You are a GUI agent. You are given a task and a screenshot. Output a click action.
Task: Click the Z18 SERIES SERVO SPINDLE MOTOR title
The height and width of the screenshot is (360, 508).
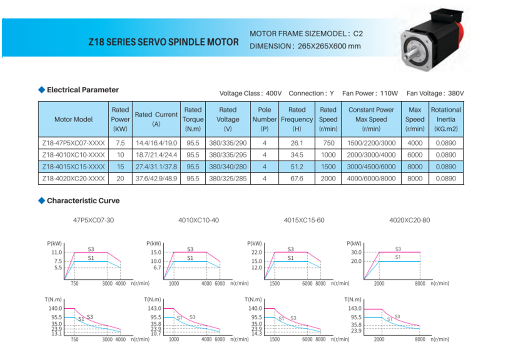coord(163,42)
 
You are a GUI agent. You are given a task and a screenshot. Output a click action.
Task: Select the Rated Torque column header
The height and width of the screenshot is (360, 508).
coord(193,119)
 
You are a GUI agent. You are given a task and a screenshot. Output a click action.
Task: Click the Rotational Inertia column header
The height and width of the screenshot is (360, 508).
coord(446,119)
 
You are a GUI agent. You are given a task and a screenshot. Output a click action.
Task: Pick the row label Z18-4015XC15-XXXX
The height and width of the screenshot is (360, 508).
coord(73,167)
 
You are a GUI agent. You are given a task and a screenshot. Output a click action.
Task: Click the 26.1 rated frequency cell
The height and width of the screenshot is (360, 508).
coord(297,143)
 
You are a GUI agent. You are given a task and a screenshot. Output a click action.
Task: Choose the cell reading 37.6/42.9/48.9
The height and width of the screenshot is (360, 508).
coord(156,179)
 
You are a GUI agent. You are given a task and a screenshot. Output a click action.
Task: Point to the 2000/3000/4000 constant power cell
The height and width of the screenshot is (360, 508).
coord(371,155)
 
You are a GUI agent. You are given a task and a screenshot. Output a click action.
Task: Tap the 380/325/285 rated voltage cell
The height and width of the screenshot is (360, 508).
coord(228,179)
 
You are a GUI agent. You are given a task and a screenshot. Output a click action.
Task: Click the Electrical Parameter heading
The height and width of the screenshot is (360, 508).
coord(83,90)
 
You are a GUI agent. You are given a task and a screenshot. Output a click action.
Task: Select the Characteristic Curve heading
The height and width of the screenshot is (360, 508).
coord(83,201)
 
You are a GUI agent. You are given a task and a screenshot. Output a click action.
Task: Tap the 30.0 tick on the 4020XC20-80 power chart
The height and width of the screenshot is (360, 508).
coord(356,252)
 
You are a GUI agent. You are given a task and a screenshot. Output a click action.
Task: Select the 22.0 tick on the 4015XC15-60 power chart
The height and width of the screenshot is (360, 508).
coord(257,252)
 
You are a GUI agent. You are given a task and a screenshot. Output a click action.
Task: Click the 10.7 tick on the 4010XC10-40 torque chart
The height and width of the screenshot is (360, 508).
coord(156,334)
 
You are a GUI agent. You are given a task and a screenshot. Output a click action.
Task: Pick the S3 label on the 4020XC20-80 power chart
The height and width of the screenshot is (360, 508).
coord(398,249)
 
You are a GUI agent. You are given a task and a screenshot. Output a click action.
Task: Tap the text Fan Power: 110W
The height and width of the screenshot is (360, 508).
coord(371,93)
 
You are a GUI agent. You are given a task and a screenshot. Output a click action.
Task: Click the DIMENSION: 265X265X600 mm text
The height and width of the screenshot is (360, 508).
coord(305,46)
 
